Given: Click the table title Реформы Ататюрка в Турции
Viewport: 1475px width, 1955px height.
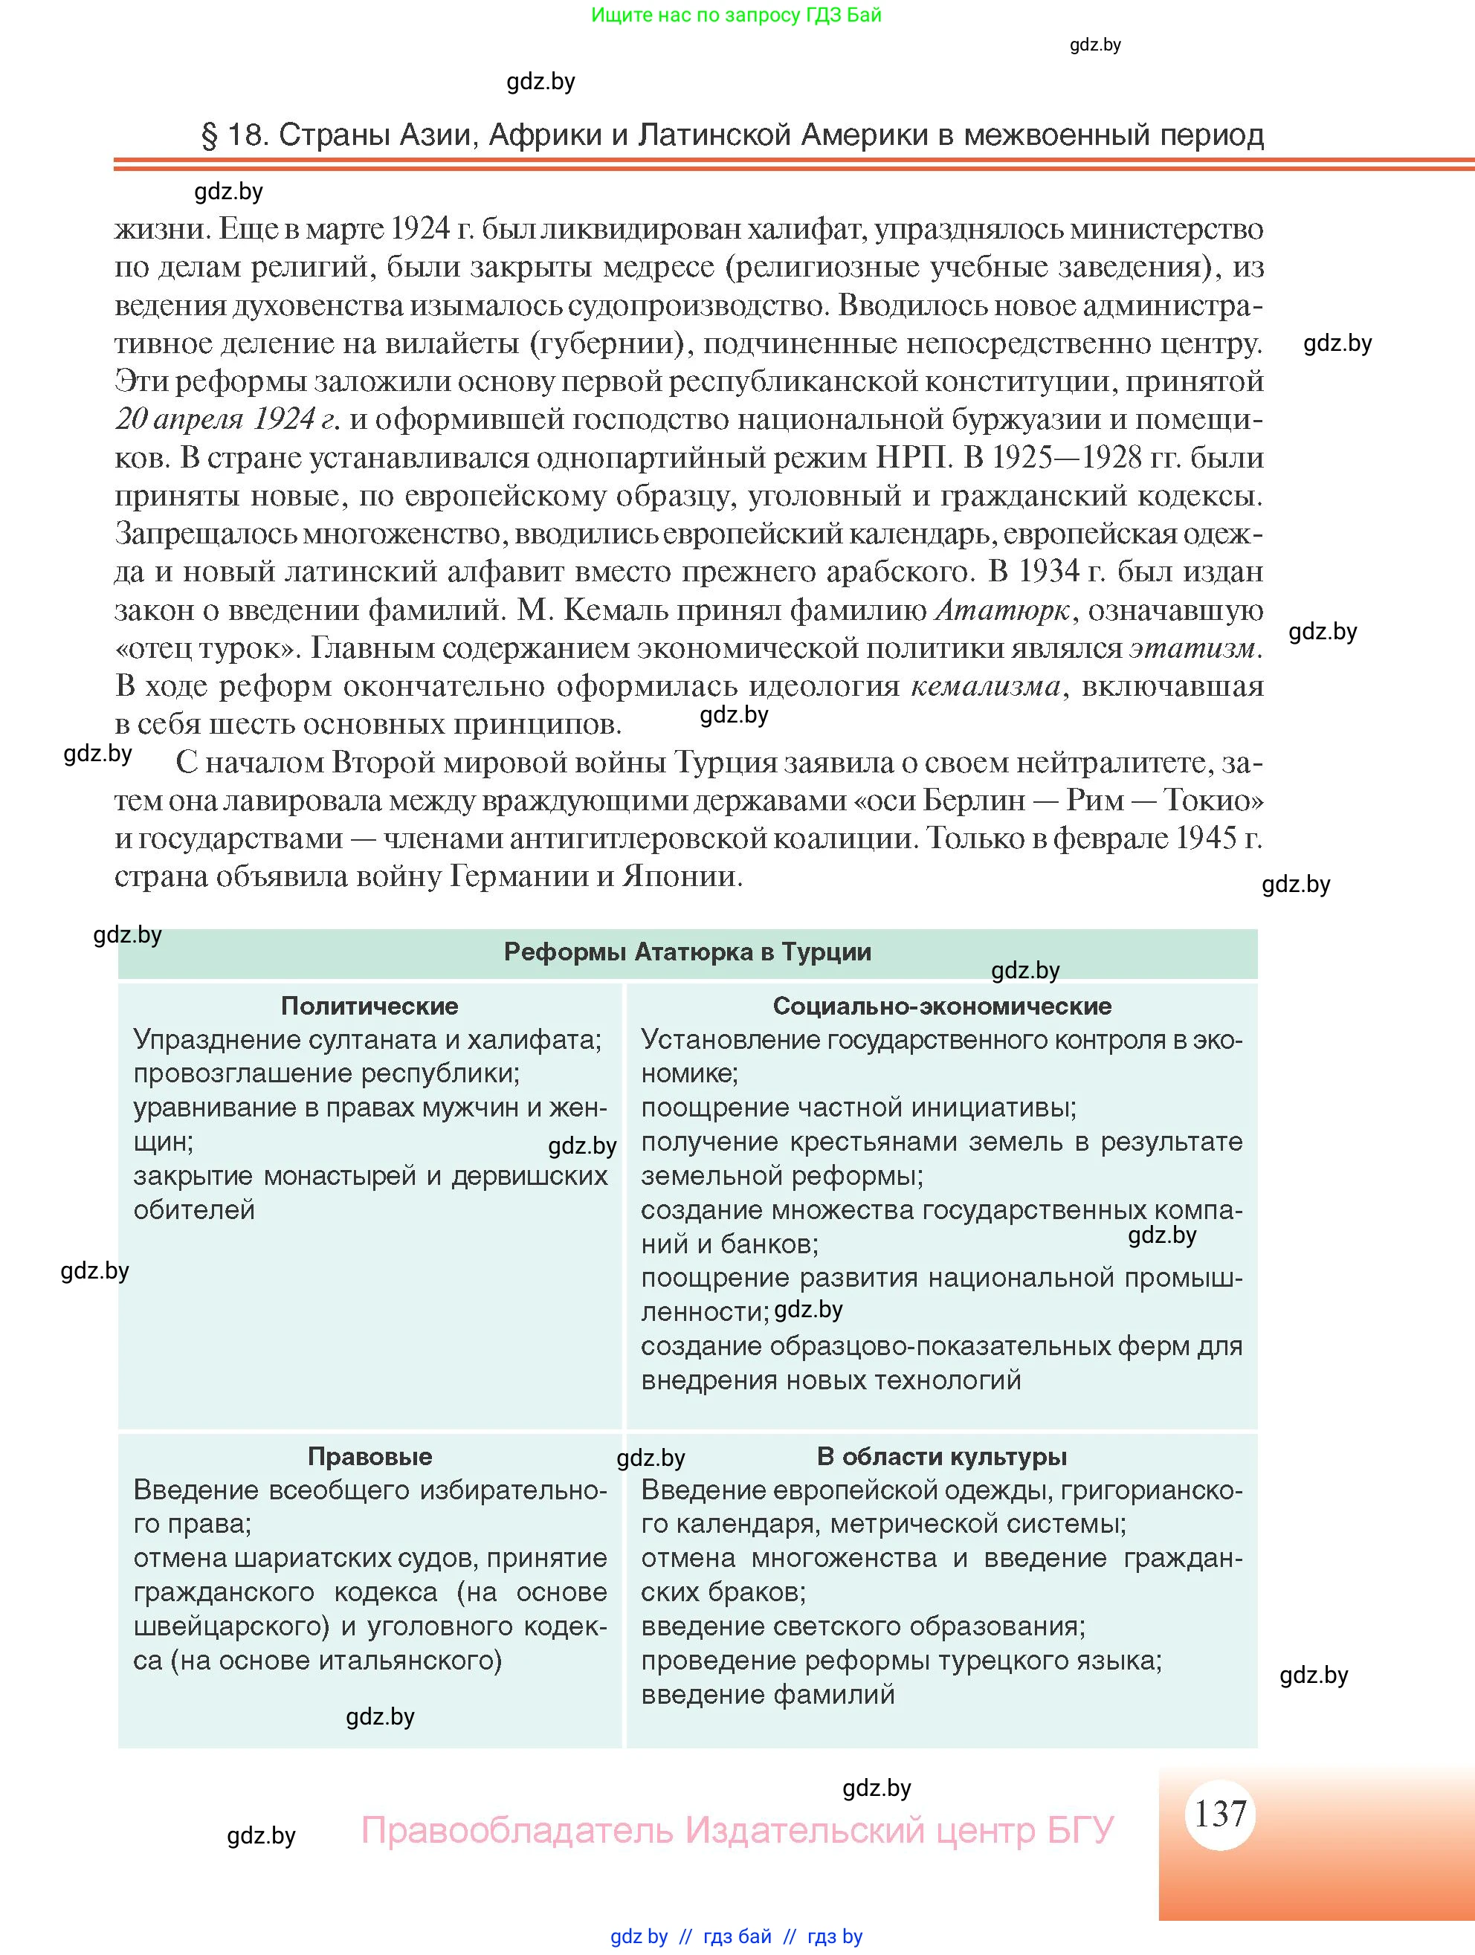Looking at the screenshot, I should (x=687, y=952).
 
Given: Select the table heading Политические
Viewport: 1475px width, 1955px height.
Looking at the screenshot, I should (x=369, y=1006).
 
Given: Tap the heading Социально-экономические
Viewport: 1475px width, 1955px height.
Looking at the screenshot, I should (x=942, y=1006).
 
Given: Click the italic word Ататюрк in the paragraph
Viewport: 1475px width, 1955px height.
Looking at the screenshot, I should (x=1002, y=610).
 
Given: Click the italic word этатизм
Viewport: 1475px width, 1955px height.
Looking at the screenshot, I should (x=1192, y=648).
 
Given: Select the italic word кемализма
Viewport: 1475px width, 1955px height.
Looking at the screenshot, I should (x=985, y=686).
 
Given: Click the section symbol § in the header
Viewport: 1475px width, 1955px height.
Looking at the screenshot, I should (x=210, y=135).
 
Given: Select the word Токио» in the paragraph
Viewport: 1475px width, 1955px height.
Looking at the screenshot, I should (x=1213, y=800).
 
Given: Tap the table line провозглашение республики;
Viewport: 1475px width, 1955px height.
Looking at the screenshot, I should (x=326, y=1073).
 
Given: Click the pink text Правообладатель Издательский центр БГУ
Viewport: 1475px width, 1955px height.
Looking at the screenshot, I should (x=737, y=1829).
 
